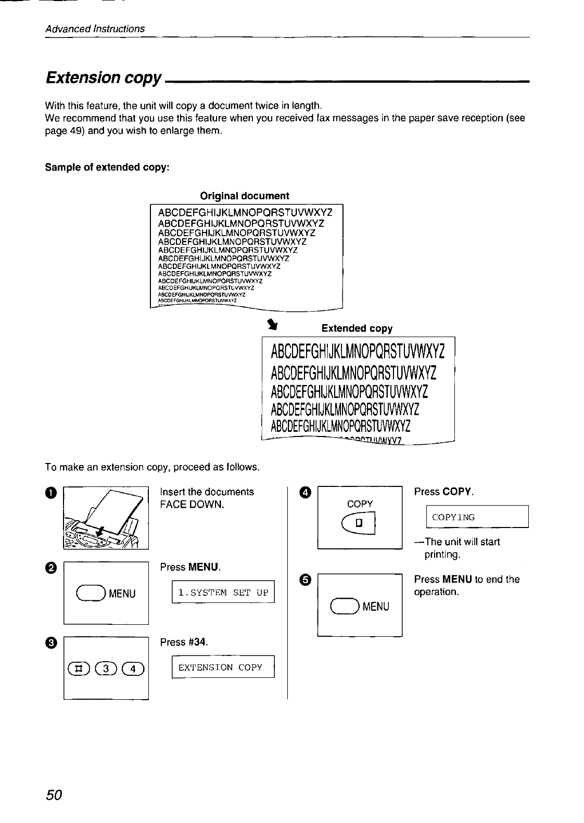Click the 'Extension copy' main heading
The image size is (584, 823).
(103, 78)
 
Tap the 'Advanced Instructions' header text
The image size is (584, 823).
(95, 29)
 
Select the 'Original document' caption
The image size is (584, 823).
(244, 196)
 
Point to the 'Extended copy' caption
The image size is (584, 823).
(357, 328)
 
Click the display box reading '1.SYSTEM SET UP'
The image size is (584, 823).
(223, 593)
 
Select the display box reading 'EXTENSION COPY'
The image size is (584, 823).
(223, 667)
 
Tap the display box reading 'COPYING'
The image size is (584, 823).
(477, 517)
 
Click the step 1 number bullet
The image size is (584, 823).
(50, 492)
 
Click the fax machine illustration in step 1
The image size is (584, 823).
(106, 518)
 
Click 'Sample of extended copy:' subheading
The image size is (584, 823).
(107, 168)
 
